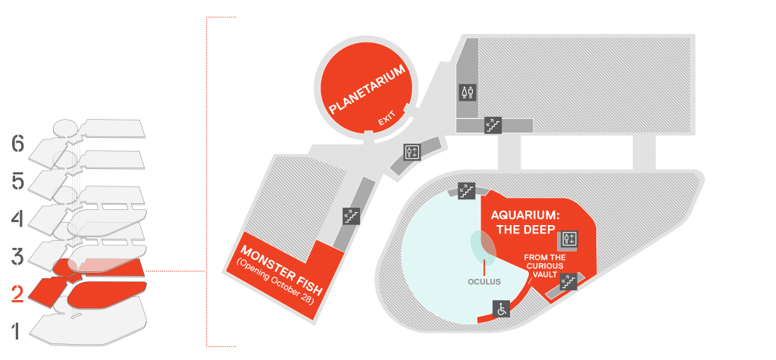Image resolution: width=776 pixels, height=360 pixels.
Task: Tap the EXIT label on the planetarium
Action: click(x=387, y=119)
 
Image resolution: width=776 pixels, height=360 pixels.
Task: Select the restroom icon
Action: click(x=468, y=92)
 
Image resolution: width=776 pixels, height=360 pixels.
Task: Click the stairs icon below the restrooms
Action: click(x=493, y=125)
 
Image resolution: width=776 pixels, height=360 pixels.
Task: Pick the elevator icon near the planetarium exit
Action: click(x=411, y=152)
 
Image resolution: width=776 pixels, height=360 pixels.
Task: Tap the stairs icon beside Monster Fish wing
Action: click(x=351, y=215)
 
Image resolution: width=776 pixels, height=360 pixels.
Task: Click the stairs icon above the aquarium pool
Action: click(x=466, y=191)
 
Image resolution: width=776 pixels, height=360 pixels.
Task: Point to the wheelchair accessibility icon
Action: click(x=502, y=309)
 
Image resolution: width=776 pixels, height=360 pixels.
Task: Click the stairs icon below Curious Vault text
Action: click(x=568, y=282)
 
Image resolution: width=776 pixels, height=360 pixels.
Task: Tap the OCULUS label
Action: click(x=484, y=282)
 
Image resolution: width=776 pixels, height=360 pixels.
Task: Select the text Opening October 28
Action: click(x=274, y=283)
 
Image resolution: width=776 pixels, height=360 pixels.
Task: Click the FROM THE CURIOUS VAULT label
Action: click(x=544, y=265)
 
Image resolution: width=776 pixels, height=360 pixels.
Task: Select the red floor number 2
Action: click(x=17, y=295)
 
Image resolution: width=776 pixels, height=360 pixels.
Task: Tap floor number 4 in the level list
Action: click(x=17, y=219)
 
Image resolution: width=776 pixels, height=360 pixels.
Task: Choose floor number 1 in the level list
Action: click(x=17, y=331)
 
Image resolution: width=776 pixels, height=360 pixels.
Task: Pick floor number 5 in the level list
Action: click(x=17, y=182)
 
